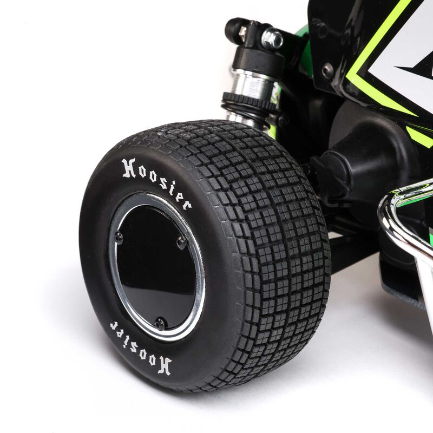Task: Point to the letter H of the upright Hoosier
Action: pos(129,168)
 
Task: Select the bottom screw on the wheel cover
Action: pos(160,324)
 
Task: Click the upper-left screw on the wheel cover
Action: pos(119,237)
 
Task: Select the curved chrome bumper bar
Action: pos(403,211)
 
